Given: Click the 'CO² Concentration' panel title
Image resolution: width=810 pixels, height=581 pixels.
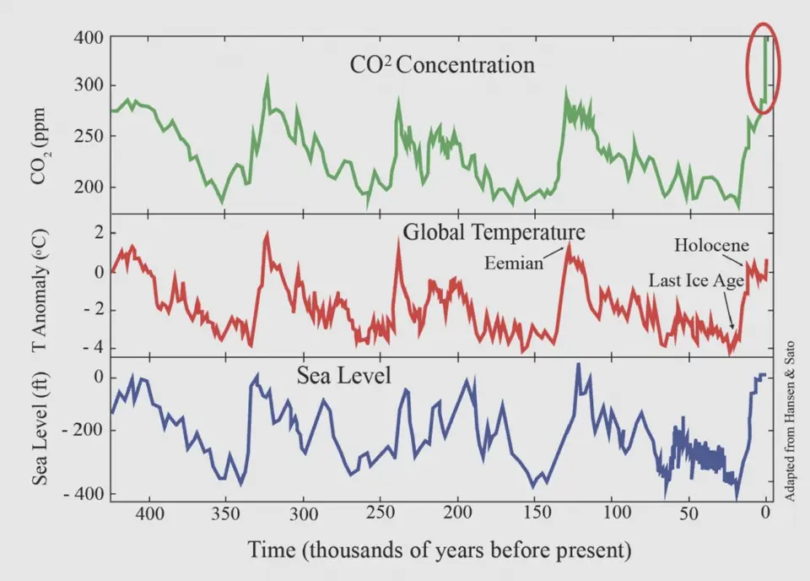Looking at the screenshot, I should [442, 65].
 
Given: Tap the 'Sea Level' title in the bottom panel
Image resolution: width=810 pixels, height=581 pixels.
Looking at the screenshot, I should [344, 374].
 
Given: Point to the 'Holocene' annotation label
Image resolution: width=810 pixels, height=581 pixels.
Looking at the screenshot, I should [711, 246].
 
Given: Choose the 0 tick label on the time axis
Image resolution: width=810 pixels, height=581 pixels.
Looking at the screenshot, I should [765, 513].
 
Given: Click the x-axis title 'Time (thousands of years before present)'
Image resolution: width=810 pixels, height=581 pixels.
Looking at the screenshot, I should [440, 550].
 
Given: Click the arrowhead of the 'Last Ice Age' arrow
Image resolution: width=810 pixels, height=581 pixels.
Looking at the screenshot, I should [732, 329].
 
